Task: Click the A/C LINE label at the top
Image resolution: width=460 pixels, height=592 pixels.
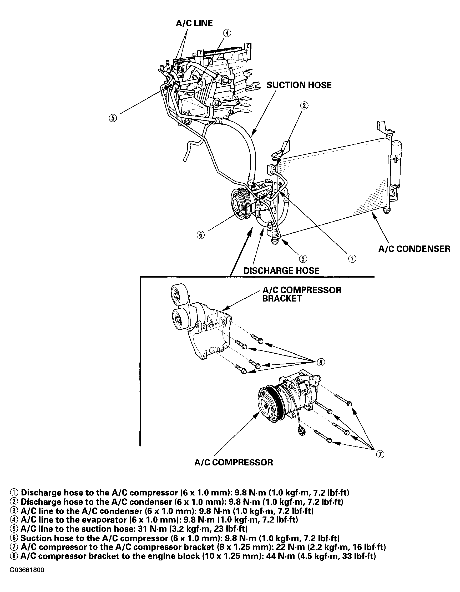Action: (x=194, y=23)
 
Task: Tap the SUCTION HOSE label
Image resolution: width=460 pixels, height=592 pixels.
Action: (x=299, y=85)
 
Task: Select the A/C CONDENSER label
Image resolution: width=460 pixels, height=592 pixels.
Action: (x=414, y=249)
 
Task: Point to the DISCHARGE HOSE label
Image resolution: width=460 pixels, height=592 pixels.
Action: (x=281, y=270)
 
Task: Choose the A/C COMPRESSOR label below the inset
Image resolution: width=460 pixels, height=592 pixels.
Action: (x=234, y=462)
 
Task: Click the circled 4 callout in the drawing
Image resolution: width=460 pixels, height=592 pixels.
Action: (x=227, y=33)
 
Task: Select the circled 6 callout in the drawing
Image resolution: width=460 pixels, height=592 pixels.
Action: (x=200, y=235)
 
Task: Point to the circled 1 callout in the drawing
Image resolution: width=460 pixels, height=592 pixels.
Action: (x=352, y=259)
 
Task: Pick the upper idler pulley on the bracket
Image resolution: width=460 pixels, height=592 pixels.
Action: (x=179, y=294)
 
